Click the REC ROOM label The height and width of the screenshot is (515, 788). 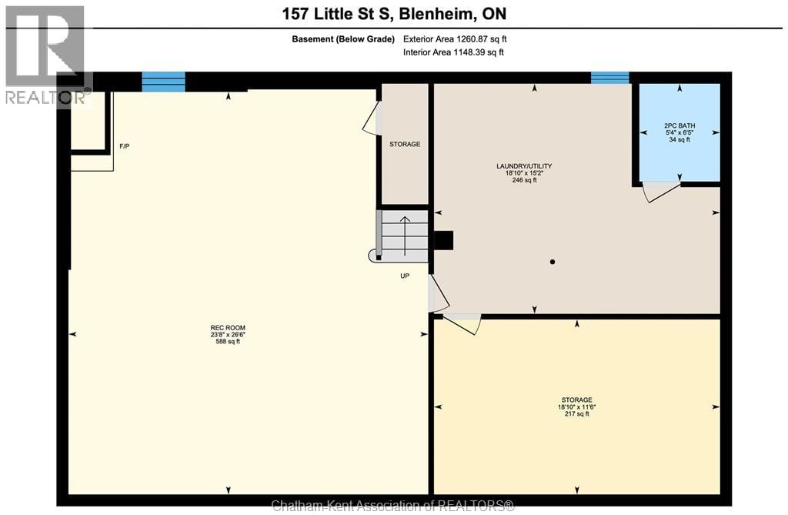[227, 327]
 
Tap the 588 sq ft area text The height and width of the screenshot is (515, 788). [227, 341]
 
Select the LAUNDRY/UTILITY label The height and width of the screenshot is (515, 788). [523, 166]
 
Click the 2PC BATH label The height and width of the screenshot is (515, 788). [679, 125]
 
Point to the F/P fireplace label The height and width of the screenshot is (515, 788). [124, 146]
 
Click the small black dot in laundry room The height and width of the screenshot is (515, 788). [553, 263]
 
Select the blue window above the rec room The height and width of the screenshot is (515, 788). [163, 81]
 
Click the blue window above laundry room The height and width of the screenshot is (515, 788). [609, 77]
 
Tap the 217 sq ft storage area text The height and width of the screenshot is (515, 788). [576, 414]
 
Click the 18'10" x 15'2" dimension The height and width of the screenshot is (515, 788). [523, 173]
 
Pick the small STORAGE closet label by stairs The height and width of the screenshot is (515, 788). [405, 144]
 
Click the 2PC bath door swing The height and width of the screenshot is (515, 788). [659, 192]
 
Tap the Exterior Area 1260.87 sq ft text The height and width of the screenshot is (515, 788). [455, 38]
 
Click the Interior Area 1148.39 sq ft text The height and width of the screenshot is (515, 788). [453, 52]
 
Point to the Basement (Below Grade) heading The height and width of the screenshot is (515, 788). [343, 38]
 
